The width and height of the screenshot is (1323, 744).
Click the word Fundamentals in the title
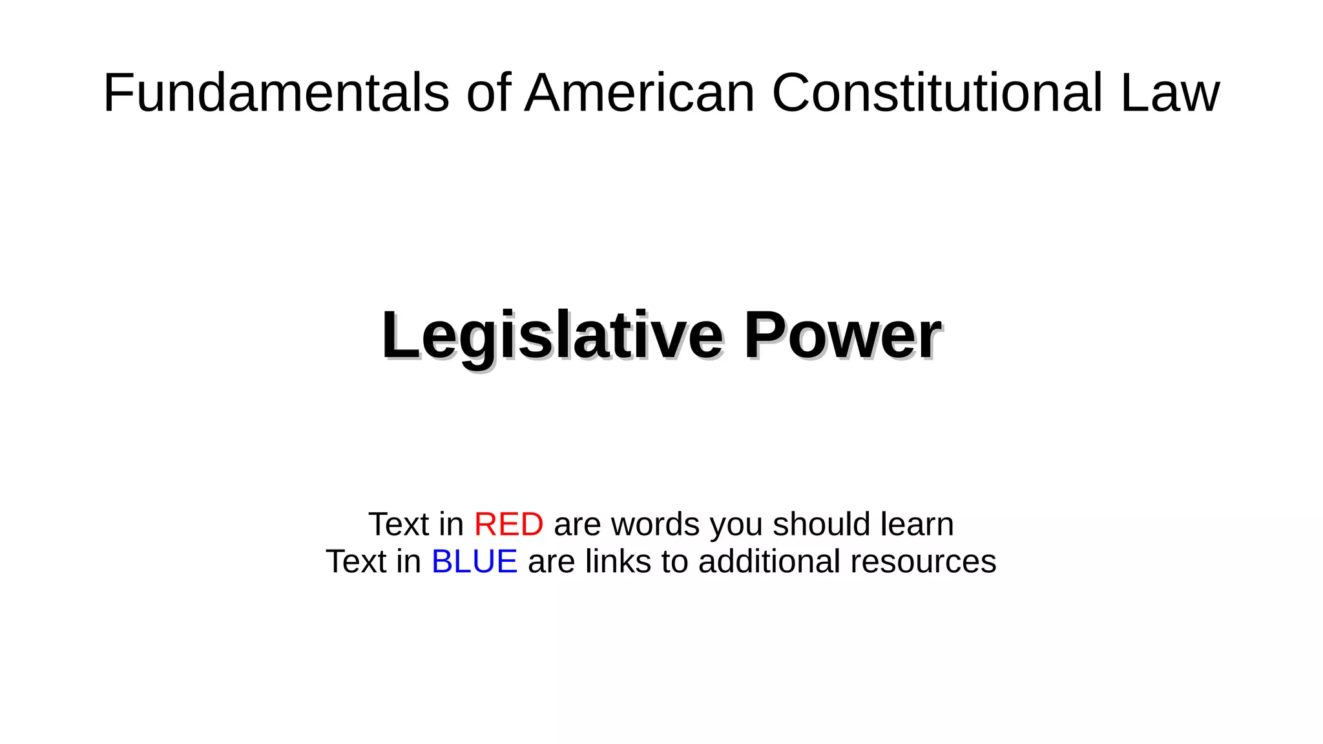click(x=276, y=93)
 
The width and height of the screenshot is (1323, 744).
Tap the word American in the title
click(x=640, y=93)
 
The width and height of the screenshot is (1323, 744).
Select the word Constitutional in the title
click(x=937, y=93)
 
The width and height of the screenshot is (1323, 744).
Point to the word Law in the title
click(x=1170, y=93)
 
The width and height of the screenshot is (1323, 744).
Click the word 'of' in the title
click(x=488, y=93)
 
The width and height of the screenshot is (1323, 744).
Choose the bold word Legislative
click(x=552, y=336)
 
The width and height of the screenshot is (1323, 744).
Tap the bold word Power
click(x=842, y=336)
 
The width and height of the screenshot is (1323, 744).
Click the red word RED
click(x=508, y=524)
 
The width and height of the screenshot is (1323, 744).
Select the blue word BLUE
click(x=474, y=561)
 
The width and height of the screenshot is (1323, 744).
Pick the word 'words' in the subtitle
click(x=655, y=524)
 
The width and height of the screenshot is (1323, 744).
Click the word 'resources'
click(x=923, y=561)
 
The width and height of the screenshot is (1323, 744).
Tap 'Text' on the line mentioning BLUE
click(x=355, y=561)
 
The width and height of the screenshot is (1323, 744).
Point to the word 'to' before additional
click(x=674, y=561)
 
